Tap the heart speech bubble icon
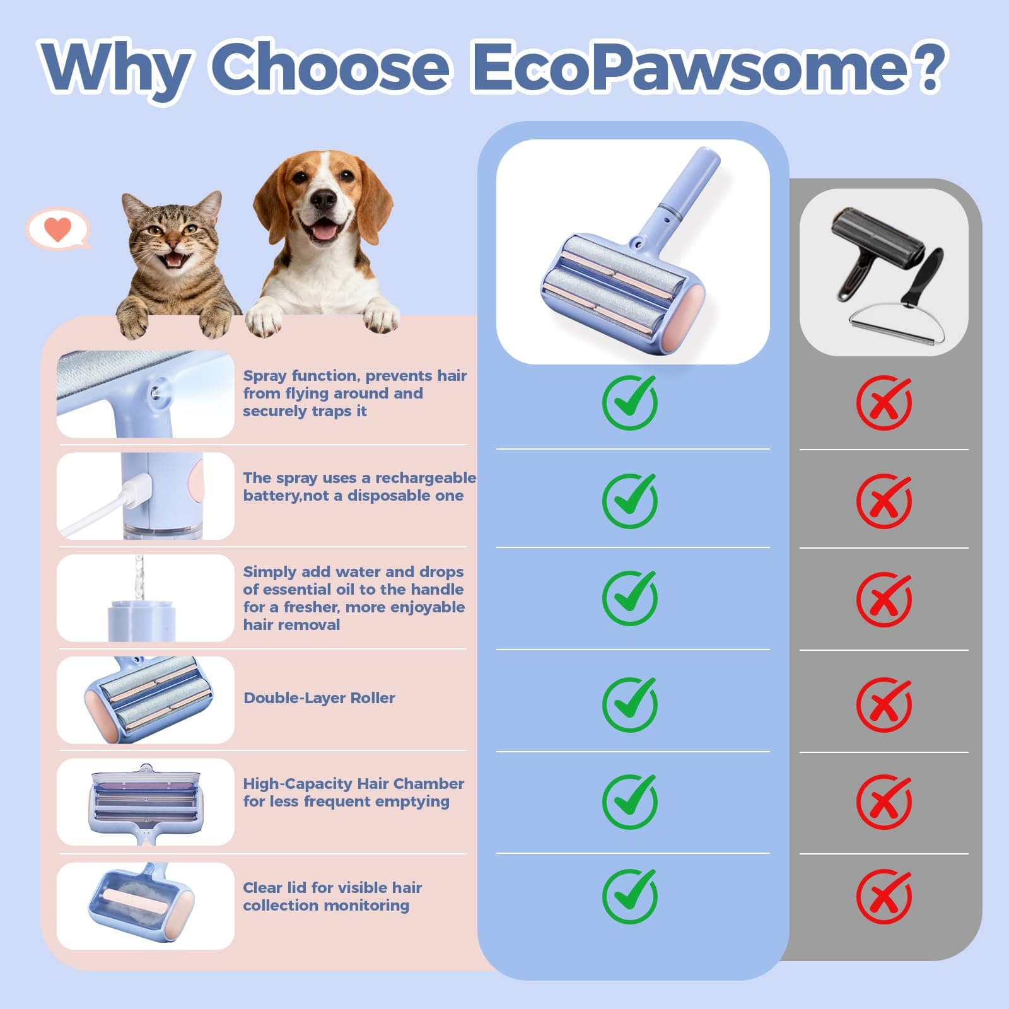pyautogui.click(x=58, y=228)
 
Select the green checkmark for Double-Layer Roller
pyautogui.click(x=629, y=704)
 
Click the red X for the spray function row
pyautogui.click(x=884, y=402)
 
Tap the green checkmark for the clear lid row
pyautogui.click(x=629, y=895)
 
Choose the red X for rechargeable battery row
pyautogui.click(x=884, y=501)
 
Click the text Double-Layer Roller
pyautogui.click(x=319, y=698)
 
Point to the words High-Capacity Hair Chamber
pyautogui.click(x=353, y=784)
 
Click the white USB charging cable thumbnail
pyautogui.click(x=146, y=496)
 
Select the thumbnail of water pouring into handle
pyautogui.click(x=146, y=598)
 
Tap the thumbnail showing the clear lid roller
pyautogui.click(x=146, y=906)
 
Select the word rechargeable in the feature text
pyautogui.click(x=426, y=478)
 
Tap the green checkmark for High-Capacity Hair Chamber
pyautogui.click(x=629, y=801)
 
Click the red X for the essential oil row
pyautogui.click(x=884, y=598)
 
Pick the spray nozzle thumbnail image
pyautogui.click(x=146, y=394)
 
